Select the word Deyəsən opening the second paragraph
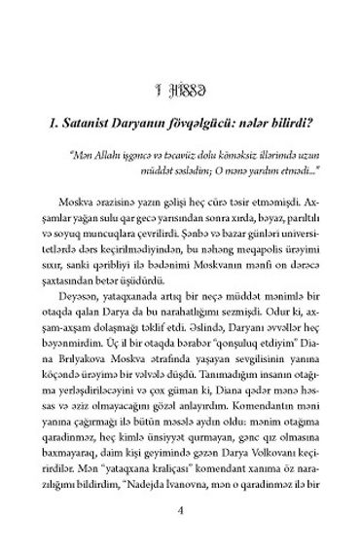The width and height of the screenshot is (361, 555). pos(79,294)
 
